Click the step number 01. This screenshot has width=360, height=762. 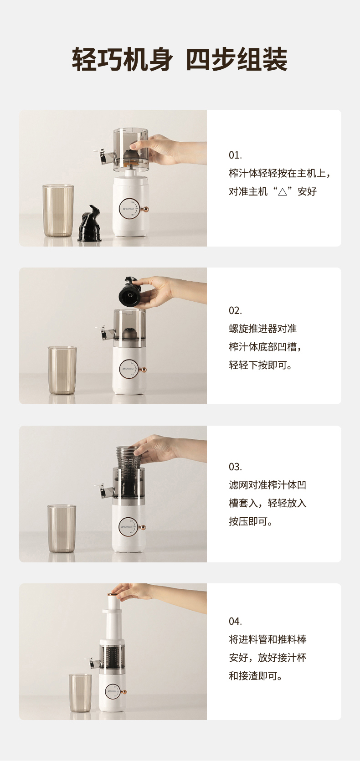click(x=235, y=155)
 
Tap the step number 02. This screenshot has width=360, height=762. click(x=235, y=310)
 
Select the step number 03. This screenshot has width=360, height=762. click(x=235, y=467)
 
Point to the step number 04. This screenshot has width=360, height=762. click(x=235, y=622)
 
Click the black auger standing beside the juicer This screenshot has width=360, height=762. click(x=90, y=223)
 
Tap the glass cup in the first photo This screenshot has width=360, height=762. click(x=58, y=211)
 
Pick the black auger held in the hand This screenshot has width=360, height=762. click(x=129, y=291)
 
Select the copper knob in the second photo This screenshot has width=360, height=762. click(x=144, y=370)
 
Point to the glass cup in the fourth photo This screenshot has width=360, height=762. click(x=80, y=692)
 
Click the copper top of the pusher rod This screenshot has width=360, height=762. click(x=111, y=595)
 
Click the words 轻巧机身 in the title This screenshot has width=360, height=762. click(x=122, y=60)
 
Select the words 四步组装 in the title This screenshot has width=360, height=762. click(x=237, y=60)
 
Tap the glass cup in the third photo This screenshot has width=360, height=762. click(x=62, y=529)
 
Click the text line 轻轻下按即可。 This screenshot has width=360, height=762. click(x=261, y=365)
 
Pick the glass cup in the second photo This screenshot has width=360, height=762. click(x=62, y=371)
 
